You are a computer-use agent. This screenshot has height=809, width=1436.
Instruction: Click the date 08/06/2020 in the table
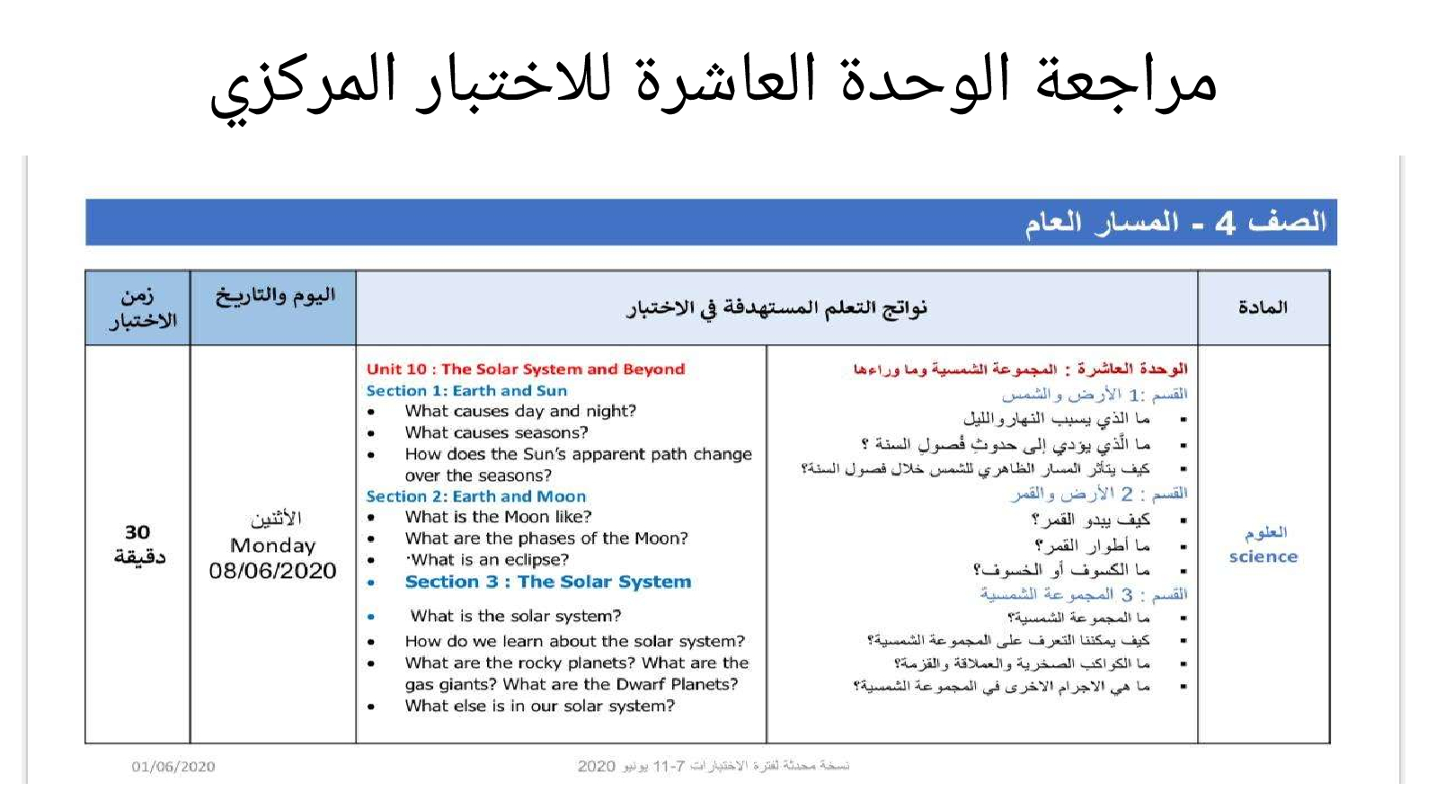pos(272,571)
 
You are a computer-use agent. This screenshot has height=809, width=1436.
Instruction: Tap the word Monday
pos(272,546)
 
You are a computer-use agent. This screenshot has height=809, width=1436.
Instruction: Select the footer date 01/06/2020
pos(173,767)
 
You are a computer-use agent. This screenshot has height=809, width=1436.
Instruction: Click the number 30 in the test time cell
pos(137,532)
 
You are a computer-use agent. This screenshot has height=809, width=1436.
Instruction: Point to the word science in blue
pos(1263,556)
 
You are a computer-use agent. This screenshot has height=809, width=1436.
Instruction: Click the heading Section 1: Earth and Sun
pos(466,390)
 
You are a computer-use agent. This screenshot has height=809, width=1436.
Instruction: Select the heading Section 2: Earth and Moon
pos(475,496)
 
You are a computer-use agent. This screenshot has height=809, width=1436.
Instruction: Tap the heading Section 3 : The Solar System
pos(548,582)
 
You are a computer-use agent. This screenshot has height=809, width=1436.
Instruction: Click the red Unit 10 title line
pos(526,369)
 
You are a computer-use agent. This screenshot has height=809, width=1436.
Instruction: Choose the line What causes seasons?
pos(496,432)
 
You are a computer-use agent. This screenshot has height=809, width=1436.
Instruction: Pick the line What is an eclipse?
pos(488,560)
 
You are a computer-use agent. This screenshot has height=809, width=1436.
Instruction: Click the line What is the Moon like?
pos(498,517)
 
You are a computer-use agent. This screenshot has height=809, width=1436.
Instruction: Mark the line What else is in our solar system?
pos(540,706)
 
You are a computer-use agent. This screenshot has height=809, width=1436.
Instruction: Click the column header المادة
pos(1263,307)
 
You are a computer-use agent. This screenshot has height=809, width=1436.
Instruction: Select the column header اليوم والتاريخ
pos(275,296)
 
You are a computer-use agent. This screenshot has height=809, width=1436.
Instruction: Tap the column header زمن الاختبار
pos(141,308)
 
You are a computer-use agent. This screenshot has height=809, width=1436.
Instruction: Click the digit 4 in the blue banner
pos(1225,223)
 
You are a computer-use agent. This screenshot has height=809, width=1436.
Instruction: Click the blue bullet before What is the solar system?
pos(371,617)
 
